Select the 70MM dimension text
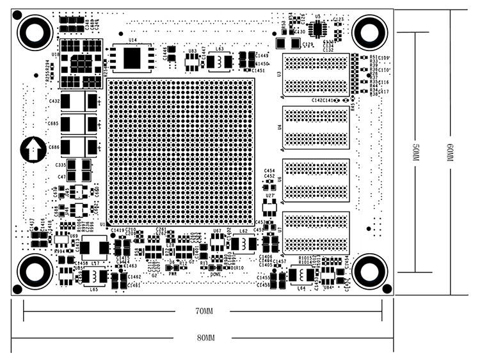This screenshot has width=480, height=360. [x=205, y=311]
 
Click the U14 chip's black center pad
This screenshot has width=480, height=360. [x=132, y=58]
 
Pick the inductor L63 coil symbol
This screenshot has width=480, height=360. [x=220, y=62]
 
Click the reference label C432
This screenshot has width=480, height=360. [x=54, y=101]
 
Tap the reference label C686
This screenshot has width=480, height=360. [x=54, y=147]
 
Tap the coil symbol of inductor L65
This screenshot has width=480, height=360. [x=94, y=276]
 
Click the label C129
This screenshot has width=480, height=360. [x=308, y=45]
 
